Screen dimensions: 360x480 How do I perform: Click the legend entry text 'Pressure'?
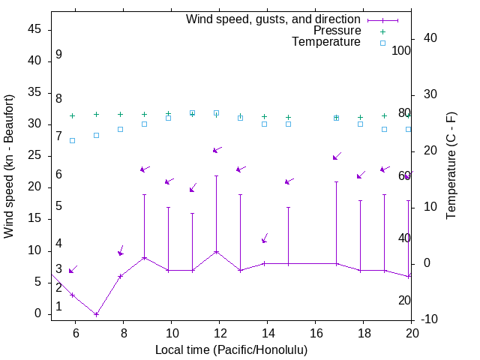pos(337,31)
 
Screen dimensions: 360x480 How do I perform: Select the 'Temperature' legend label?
pos(326,42)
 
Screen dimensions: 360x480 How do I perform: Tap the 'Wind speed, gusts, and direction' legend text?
pos(274,19)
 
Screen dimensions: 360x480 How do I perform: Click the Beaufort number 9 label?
pos(58,55)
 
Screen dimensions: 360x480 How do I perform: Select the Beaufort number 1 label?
pos(58,307)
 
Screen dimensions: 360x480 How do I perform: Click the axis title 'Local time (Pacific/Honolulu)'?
pos(232,350)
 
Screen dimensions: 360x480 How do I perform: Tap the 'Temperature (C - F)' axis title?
pos(451,166)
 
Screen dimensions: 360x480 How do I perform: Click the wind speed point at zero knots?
pos(96,314)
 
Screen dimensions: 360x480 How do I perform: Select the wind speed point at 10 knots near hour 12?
pos(216,251)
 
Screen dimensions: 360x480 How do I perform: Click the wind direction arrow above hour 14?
pos(265,238)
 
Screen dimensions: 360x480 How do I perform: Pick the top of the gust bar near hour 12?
pos(216,175)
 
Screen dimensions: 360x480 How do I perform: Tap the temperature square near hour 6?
pos(72,140)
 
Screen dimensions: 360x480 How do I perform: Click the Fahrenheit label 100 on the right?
pos(401,51)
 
